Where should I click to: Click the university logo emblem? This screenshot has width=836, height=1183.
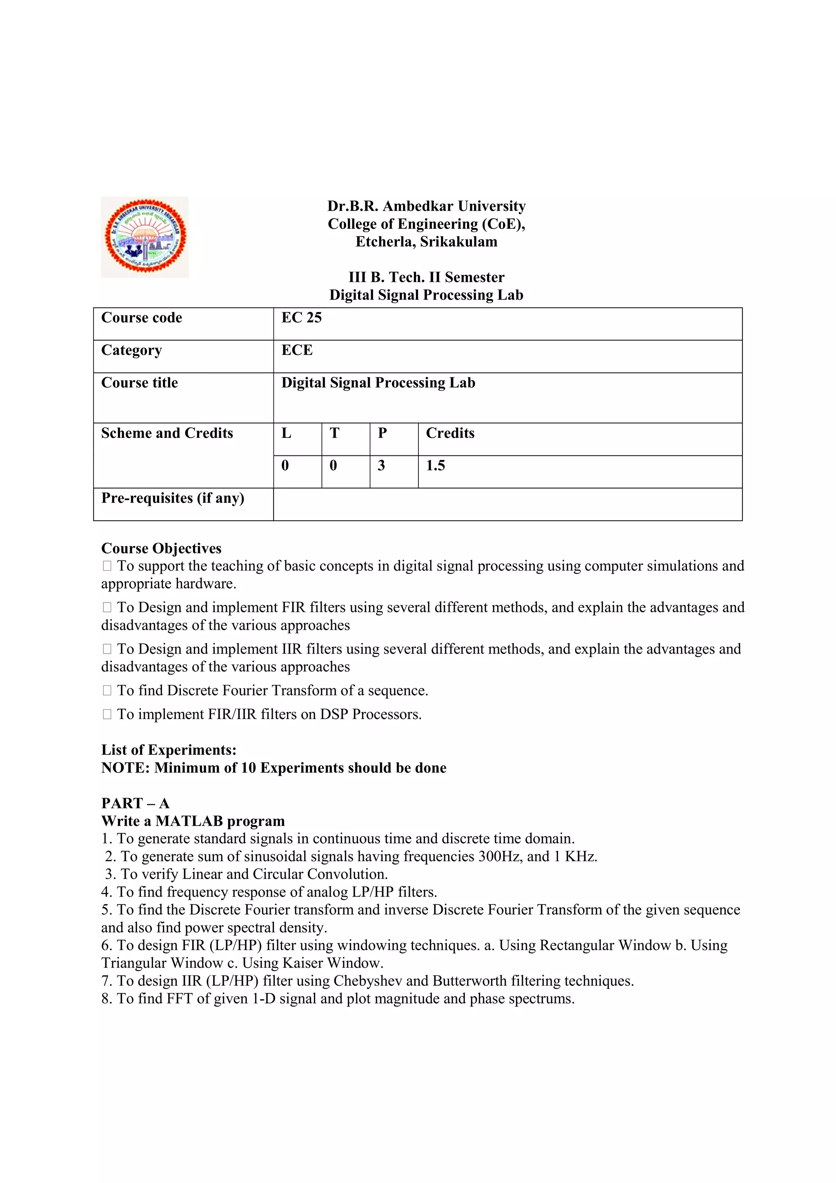pos(145,237)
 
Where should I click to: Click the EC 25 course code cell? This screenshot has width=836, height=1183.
pos(302,318)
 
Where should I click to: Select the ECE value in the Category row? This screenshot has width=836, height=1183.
pos(297,350)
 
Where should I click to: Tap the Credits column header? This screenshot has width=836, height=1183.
pos(450,433)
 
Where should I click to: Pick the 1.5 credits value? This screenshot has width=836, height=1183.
pos(436,466)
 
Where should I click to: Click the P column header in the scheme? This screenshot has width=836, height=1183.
pos(382,433)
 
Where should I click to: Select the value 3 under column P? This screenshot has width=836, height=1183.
pos(381,466)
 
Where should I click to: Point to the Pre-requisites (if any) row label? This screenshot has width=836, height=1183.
pos(172,498)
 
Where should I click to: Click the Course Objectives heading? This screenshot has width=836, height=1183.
pos(161,548)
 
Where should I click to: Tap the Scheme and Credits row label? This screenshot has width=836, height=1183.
pos(167,433)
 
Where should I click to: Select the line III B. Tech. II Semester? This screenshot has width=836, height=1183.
pos(426,277)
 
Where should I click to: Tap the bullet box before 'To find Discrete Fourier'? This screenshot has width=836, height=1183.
pos(107,691)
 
